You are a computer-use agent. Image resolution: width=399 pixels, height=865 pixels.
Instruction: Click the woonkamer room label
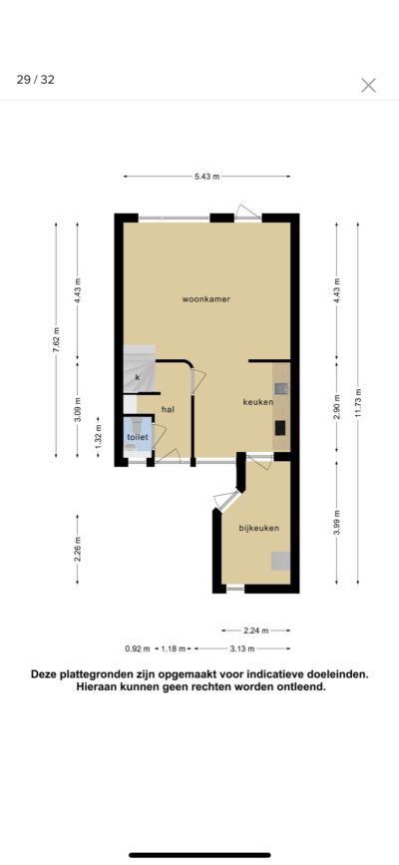coord(205,299)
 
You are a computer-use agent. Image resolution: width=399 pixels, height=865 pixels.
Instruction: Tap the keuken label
coord(257,402)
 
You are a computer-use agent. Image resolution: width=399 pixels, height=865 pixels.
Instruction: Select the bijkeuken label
coord(258,528)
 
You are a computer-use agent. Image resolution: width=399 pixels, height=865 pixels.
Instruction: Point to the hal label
coord(168,409)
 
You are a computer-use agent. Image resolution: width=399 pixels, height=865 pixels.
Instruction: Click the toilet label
coord(138,437)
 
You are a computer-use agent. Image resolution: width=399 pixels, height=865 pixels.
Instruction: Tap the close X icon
coord(369,85)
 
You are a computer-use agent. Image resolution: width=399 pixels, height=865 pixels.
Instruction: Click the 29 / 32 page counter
coord(35,80)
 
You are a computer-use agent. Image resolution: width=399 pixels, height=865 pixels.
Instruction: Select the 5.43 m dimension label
coord(206,177)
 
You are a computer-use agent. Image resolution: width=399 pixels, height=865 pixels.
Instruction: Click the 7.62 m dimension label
coord(56,341)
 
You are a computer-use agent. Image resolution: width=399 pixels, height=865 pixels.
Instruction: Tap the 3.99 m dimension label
coord(337,522)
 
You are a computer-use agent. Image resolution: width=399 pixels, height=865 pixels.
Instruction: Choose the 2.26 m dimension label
coord(77,549)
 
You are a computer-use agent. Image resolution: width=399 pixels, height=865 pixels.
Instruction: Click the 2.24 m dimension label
coord(256,630)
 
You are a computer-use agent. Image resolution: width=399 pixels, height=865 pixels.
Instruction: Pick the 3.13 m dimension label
coord(242,649)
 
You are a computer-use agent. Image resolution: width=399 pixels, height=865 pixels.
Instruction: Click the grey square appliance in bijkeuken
coord(280,561)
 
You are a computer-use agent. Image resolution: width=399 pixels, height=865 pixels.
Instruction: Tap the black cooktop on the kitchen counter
coord(280,428)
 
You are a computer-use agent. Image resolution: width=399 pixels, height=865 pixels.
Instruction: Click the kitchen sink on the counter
coord(282,389)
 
